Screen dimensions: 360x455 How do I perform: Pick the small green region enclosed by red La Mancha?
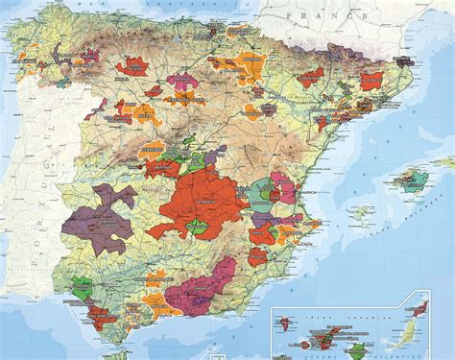click(197, 227)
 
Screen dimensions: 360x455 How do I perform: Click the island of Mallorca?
click(414, 179)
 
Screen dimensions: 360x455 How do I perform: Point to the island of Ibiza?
click(362, 212)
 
